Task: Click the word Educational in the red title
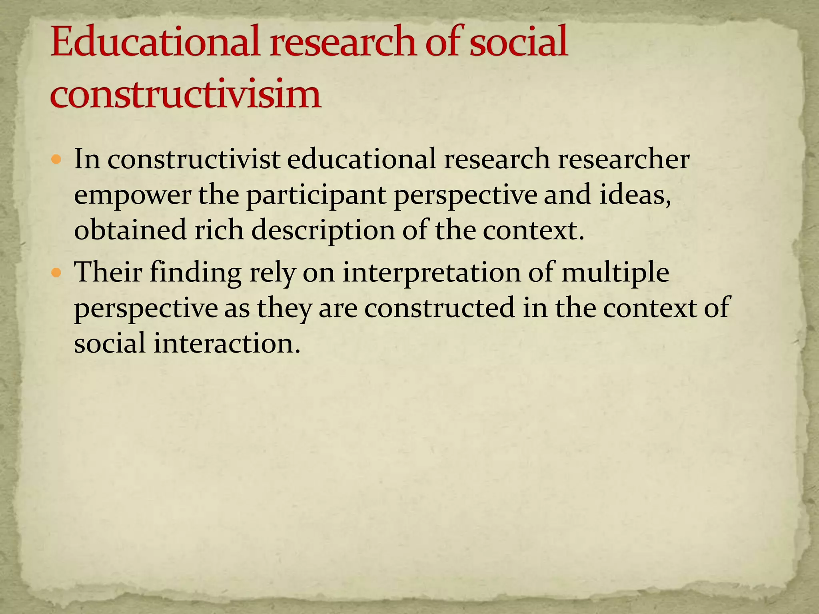coord(157,42)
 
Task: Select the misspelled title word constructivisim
coord(186,95)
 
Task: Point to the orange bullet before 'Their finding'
coord(56,273)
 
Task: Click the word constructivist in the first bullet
coord(194,159)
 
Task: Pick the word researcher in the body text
coord(623,159)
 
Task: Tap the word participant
coord(316,195)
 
